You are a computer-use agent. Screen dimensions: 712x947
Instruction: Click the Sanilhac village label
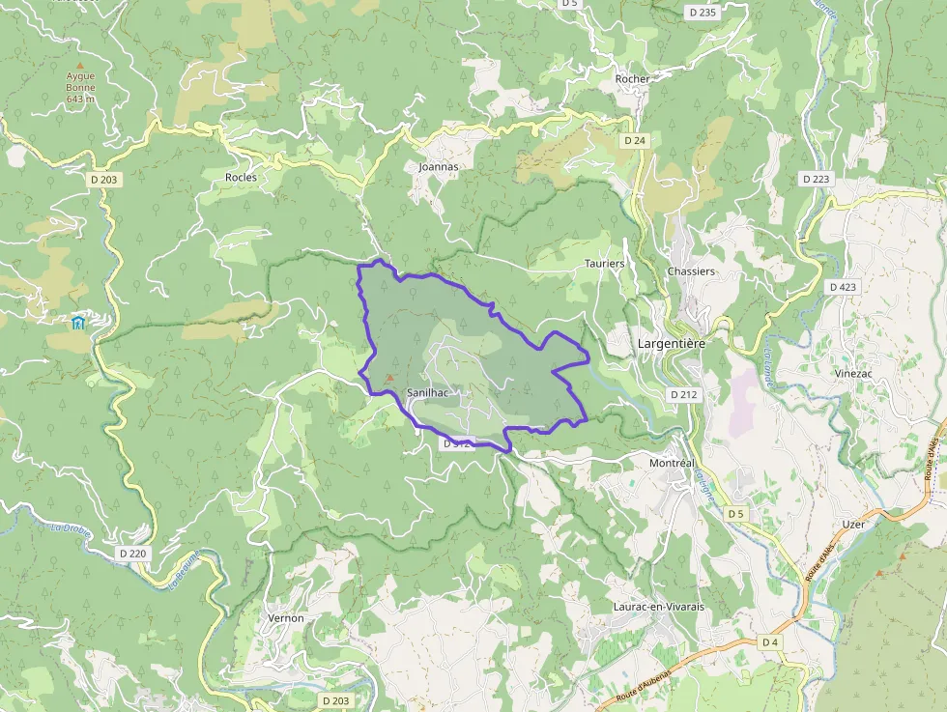(x=426, y=393)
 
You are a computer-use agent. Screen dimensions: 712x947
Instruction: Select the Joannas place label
(x=439, y=166)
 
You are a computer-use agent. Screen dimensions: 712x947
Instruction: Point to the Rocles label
(x=241, y=177)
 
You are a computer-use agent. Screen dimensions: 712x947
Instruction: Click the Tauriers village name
(x=605, y=263)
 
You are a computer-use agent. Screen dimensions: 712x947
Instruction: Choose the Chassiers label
(x=691, y=271)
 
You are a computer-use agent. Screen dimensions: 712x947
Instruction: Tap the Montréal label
(x=672, y=464)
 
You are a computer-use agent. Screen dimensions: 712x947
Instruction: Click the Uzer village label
(x=853, y=524)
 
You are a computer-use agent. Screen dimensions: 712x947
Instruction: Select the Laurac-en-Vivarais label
(x=659, y=607)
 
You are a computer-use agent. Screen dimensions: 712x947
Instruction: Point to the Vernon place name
(x=285, y=617)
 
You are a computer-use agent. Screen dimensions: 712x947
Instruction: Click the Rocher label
(x=633, y=78)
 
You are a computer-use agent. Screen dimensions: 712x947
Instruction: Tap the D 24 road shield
(x=634, y=140)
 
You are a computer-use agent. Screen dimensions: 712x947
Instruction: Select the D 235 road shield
(x=703, y=13)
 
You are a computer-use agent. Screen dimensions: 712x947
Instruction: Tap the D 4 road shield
(x=770, y=642)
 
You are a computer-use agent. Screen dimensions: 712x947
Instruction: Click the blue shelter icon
(x=78, y=322)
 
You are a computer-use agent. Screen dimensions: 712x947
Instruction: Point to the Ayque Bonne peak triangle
(x=80, y=66)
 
